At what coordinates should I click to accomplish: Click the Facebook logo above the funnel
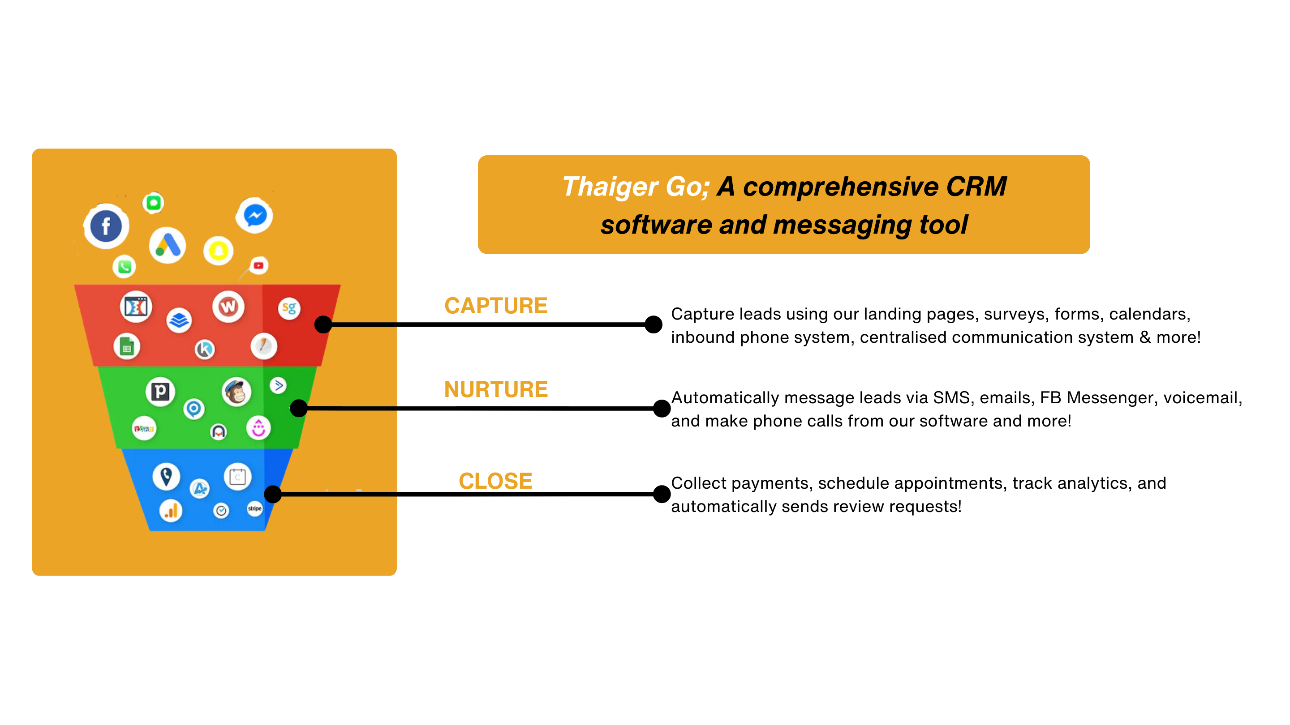[x=106, y=226]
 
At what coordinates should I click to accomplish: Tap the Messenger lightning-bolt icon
[x=255, y=216]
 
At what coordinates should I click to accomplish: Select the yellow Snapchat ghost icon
[x=218, y=251]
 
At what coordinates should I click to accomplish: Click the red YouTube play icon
[x=258, y=265]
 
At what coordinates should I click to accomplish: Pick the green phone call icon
[x=124, y=267]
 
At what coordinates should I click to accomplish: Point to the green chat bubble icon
[x=153, y=203]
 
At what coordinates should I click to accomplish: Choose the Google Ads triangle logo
[x=167, y=245]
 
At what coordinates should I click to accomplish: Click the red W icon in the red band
[x=228, y=306]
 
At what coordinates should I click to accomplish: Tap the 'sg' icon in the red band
[x=289, y=308]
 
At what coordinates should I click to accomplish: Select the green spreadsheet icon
[x=126, y=346]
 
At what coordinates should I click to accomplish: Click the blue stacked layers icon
[x=179, y=320]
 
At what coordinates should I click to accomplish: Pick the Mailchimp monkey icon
[x=236, y=392]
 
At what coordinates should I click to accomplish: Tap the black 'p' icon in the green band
[x=160, y=391]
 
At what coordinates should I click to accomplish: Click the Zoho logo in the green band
[x=144, y=428]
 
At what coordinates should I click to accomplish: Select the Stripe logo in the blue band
[x=255, y=508]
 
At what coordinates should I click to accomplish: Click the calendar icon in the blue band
[x=237, y=477]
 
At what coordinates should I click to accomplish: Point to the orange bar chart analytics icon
[x=171, y=511]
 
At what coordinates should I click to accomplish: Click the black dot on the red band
[x=323, y=324]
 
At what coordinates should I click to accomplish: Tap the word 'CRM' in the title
[x=976, y=187]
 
